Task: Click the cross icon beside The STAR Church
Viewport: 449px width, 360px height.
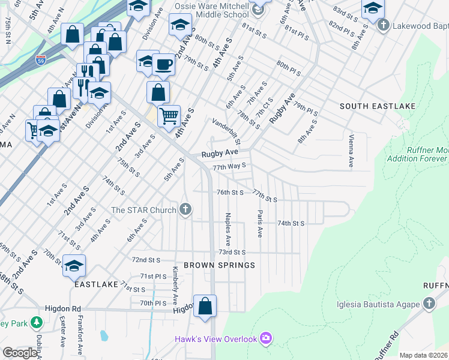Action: click(x=185, y=209)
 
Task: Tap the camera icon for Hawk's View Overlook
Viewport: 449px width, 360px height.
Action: click(x=266, y=339)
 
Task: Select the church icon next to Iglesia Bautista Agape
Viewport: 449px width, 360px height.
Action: click(x=429, y=304)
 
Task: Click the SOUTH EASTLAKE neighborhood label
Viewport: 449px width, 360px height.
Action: click(x=377, y=106)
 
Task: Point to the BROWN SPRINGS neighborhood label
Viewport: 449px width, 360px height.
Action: click(x=219, y=265)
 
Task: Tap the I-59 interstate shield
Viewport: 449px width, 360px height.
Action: click(x=40, y=60)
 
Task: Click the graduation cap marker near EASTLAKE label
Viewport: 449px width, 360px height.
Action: click(x=74, y=265)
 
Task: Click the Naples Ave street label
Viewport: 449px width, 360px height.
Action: click(x=228, y=230)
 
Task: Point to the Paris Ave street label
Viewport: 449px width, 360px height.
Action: click(x=260, y=223)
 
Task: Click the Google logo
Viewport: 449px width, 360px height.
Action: click(x=20, y=353)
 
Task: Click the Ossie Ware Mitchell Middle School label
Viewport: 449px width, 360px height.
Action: click(x=211, y=10)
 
